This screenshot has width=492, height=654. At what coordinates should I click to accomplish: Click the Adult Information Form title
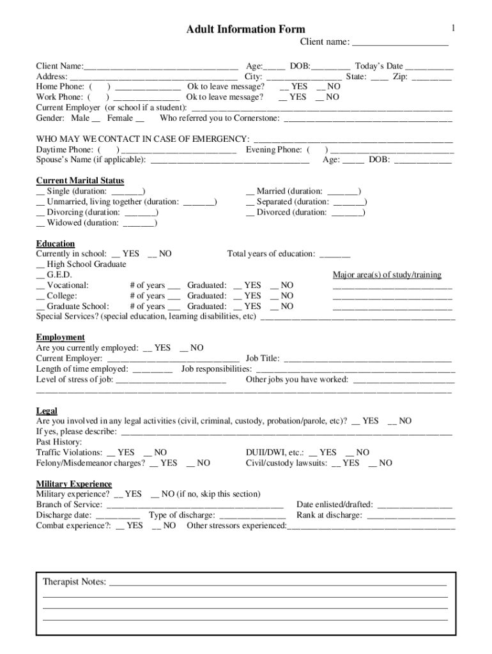245,29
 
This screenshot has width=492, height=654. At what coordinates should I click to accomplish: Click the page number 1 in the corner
452,27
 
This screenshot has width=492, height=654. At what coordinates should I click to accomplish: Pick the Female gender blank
140,119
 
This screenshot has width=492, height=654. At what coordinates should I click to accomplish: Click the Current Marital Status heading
80,181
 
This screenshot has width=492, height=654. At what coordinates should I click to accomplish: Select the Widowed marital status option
41,223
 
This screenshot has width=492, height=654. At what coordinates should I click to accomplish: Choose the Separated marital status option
250,202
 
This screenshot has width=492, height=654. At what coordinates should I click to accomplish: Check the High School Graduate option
41,264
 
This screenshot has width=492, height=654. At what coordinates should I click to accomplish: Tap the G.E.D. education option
41,275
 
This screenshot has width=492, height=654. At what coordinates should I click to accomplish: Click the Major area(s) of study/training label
387,275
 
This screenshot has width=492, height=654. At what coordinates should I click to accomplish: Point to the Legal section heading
47,411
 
